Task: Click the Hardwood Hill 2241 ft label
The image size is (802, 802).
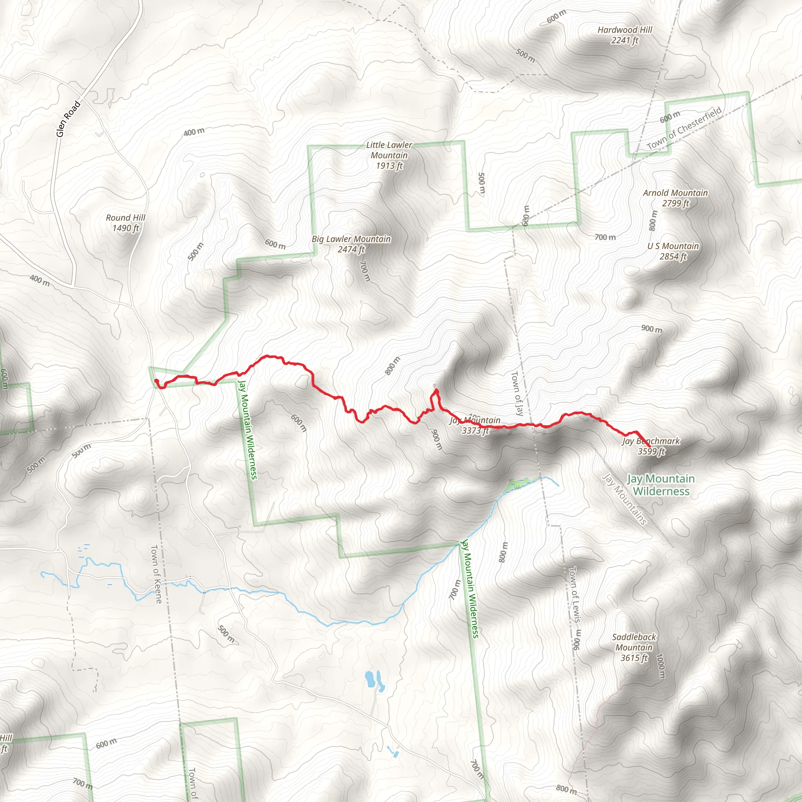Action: point(624,35)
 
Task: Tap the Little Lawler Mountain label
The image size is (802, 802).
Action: point(389,155)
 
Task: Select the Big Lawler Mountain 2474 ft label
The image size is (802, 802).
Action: point(351,244)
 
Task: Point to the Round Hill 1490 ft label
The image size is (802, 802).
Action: point(125,222)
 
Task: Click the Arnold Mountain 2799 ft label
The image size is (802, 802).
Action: point(675,198)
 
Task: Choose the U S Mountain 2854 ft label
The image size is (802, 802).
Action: point(673,251)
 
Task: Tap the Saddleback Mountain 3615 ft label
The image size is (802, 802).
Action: point(634,647)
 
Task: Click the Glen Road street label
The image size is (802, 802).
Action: point(68,119)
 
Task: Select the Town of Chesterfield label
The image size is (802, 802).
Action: point(684,128)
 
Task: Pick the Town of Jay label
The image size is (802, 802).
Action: point(517,393)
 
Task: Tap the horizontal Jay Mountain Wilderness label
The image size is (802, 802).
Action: point(661,485)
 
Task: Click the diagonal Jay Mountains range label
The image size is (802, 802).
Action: point(625,499)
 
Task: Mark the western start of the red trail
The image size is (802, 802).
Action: point(156,380)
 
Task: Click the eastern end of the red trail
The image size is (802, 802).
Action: point(649,447)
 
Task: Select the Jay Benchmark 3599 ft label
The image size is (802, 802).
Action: point(651,446)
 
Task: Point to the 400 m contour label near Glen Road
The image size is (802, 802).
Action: point(194,132)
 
